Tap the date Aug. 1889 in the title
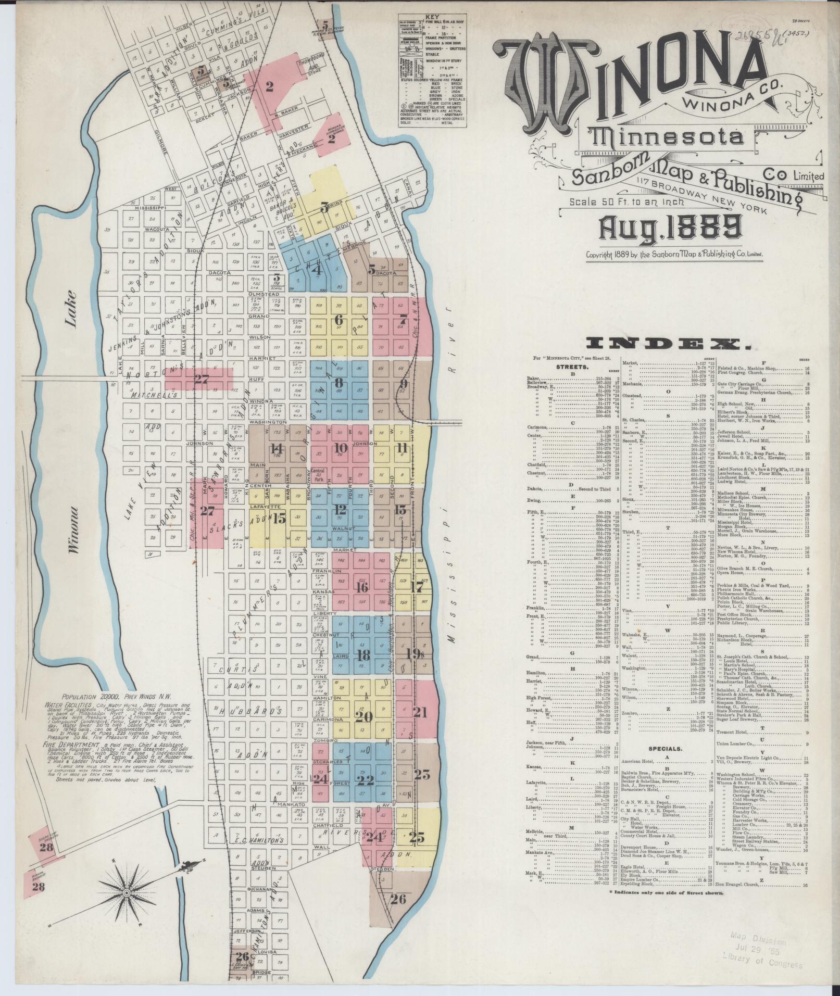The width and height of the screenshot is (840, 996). [x=672, y=228]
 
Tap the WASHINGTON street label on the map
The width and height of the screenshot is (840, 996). [x=268, y=422]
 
